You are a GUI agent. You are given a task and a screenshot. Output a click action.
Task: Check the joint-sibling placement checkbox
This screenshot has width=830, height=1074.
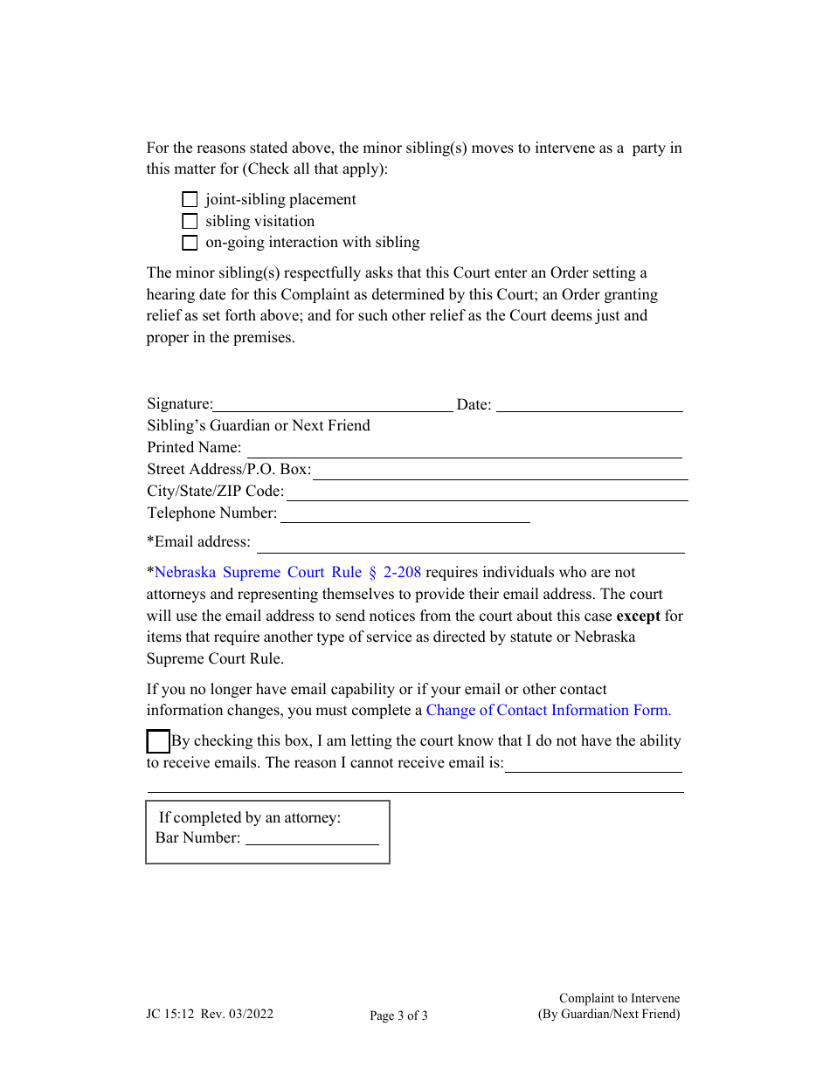tap(190, 200)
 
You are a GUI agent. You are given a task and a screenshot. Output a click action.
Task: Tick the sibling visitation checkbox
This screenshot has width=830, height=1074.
tap(190, 222)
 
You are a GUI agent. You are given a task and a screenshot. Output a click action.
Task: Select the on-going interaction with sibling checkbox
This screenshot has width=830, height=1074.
tap(190, 243)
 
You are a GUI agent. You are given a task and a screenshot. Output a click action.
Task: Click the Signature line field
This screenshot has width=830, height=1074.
tap(333, 404)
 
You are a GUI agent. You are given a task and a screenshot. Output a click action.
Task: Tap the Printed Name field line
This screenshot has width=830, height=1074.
tap(464, 449)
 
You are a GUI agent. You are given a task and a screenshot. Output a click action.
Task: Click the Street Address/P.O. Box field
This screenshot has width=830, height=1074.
tap(501, 471)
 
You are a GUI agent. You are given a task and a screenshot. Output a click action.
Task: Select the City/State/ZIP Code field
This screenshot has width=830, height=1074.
tap(488, 492)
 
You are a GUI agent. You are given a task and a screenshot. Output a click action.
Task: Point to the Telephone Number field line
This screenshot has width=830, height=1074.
tap(405, 514)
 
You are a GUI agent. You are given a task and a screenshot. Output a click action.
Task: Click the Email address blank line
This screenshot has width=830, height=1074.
tap(470, 544)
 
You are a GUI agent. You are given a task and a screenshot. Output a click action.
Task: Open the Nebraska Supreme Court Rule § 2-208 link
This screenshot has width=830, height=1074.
tap(287, 573)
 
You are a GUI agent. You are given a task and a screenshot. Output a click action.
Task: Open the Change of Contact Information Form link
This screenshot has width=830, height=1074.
tap(549, 711)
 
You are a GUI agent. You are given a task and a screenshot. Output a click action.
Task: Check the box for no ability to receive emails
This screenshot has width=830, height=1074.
tap(158, 742)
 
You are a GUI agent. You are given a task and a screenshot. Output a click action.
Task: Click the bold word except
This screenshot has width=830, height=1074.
tap(639, 616)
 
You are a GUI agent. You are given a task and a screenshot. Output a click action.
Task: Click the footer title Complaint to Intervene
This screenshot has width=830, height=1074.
tap(619, 999)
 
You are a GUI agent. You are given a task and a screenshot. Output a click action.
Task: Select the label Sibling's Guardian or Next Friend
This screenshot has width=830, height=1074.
tap(259, 426)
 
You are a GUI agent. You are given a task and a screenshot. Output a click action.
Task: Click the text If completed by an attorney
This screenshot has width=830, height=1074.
tap(250, 818)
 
